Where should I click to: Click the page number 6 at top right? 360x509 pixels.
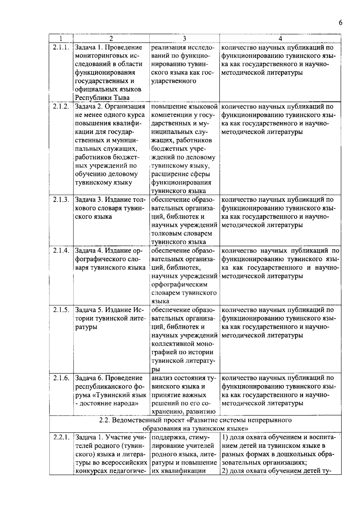pyautogui.click(x=340, y=23)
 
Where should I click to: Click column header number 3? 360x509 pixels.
pyautogui.click(x=184, y=38)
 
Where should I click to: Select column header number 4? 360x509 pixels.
pyautogui.click(x=280, y=38)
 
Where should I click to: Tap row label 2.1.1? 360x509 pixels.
pyautogui.click(x=61, y=47)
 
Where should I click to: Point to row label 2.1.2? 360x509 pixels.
pyautogui.click(x=61, y=106)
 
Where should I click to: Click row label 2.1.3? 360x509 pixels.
pyautogui.click(x=61, y=200)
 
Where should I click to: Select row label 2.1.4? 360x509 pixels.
pyautogui.click(x=61, y=251)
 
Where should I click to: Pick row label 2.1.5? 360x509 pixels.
pyautogui.click(x=61, y=310)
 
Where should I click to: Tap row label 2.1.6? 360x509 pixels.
pyautogui.click(x=61, y=378)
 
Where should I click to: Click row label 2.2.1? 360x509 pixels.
pyautogui.click(x=61, y=437)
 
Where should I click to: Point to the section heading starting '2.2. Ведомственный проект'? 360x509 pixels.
pyautogui.click(x=195, y=420)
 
